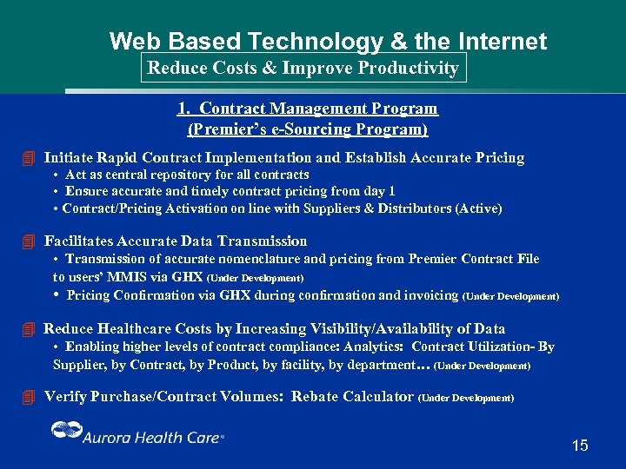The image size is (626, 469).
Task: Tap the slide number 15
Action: coord(580,446)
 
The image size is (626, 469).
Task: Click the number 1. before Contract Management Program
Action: coord(183,109)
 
